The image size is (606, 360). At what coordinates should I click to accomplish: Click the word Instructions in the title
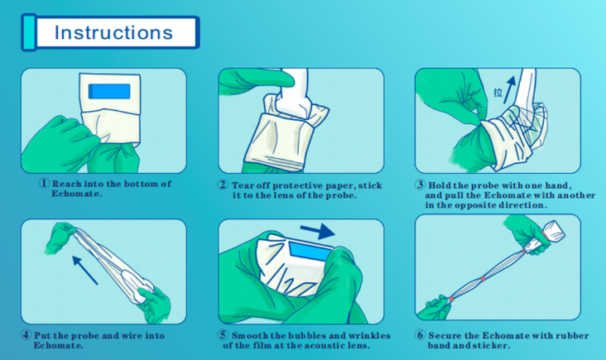coord(113,32)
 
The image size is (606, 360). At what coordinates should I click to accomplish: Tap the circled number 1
coord(44,183)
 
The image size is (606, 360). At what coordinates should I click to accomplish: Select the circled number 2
coord(223,185)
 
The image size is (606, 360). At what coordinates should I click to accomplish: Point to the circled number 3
coord(420,185)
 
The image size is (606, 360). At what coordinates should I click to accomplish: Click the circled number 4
coord(26,334)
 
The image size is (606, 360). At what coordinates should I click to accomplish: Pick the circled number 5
coord(223,334)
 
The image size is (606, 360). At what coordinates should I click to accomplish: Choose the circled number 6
coord(420,334)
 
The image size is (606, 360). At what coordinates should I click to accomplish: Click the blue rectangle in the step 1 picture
coord(109,91)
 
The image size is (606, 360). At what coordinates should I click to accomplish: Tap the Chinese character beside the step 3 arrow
coord(498,93)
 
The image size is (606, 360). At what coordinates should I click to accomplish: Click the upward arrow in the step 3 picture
coord(510,89)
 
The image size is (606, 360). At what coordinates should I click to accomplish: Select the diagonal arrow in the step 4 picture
coord(85,270)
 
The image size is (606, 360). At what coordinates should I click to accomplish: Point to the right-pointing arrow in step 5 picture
coord(318,231)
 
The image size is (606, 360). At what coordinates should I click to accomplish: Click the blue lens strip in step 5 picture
coord(310,252)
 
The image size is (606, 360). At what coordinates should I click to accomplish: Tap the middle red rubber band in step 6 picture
coord(483,279)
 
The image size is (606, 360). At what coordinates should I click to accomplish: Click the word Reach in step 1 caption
coord(66,184)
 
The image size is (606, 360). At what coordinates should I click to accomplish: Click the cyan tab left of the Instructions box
coord(29,32)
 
